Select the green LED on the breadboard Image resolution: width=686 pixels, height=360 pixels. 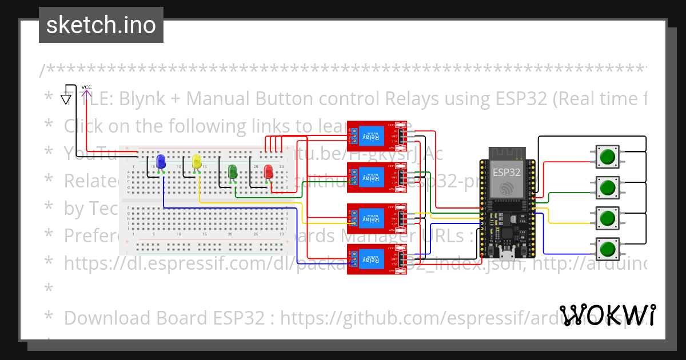(x=232, y=171)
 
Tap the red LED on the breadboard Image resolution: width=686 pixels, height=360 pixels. (x=268, y=171)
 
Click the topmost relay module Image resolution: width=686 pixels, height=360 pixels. (x=377, y=136)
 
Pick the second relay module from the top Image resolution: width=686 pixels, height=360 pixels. (x=377, y=177)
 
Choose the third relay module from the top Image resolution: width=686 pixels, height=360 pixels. (x=377, y=218)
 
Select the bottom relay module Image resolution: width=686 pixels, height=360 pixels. (x=377, y=259)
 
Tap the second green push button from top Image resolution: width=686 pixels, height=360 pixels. (x=607, y=186)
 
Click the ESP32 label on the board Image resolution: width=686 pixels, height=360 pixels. (x=506, y=171)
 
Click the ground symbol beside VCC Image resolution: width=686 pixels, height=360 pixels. (x=66, y=99)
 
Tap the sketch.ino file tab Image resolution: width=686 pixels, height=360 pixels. (x=101, y=25)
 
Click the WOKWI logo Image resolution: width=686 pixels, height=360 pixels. (x=607, y=315)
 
